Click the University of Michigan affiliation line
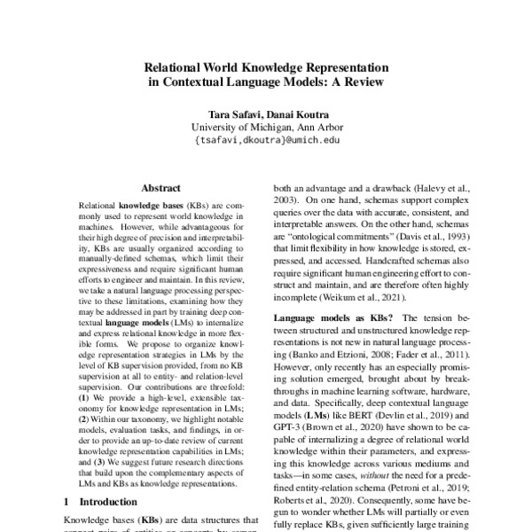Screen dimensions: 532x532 [265, 126]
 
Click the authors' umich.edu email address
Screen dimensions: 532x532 [265, 139]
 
